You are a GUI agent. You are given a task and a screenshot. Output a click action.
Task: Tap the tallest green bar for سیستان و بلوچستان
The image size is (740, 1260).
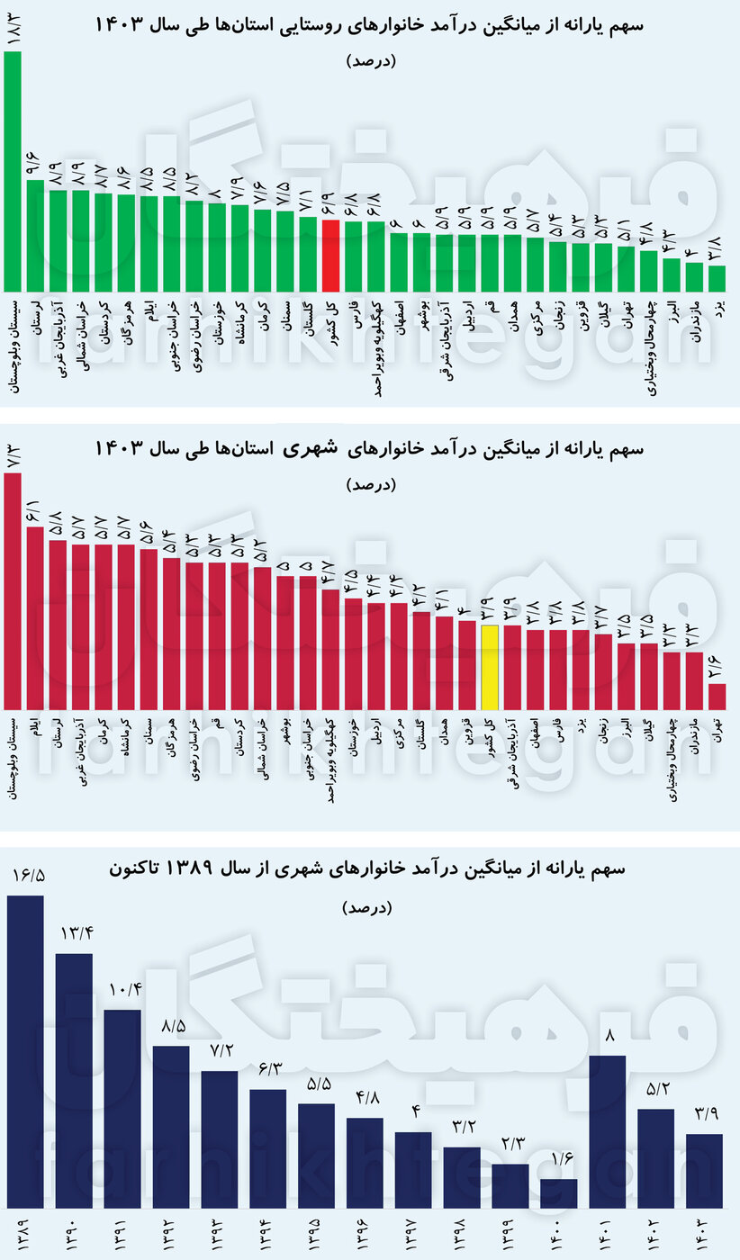13,171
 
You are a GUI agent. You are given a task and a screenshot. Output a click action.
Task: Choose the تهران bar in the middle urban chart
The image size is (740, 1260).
717,697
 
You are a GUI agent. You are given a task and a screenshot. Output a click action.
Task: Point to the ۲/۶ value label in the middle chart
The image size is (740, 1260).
717,664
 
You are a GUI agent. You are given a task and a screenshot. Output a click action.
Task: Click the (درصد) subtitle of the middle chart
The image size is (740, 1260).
370,484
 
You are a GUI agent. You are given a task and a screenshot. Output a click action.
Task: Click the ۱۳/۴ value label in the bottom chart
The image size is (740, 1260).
74,932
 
